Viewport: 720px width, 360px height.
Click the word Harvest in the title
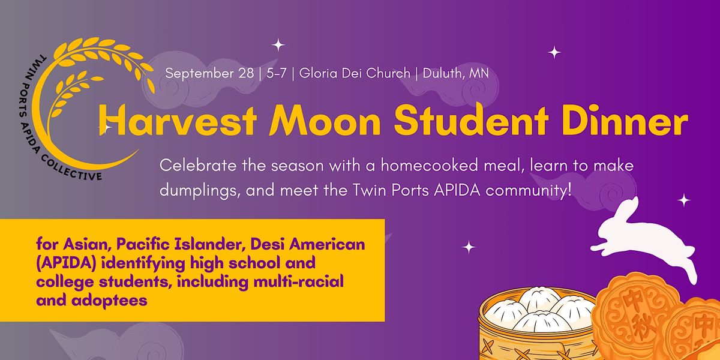[x=178, y=120]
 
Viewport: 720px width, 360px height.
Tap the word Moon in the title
[x=325, y=121]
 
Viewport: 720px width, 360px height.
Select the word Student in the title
[x=471, y=120]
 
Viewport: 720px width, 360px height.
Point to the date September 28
[x=209, y=74]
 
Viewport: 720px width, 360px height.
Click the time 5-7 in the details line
[x=277, y=73]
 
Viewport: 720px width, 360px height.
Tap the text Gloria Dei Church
[x=355, y=73]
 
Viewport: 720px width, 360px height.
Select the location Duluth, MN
[x=456, y=73]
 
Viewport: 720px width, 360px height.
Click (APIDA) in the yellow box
[x=67, y=263]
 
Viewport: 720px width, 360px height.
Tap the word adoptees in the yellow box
[x=109, y=301]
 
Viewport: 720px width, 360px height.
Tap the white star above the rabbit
[x=683, y=200]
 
